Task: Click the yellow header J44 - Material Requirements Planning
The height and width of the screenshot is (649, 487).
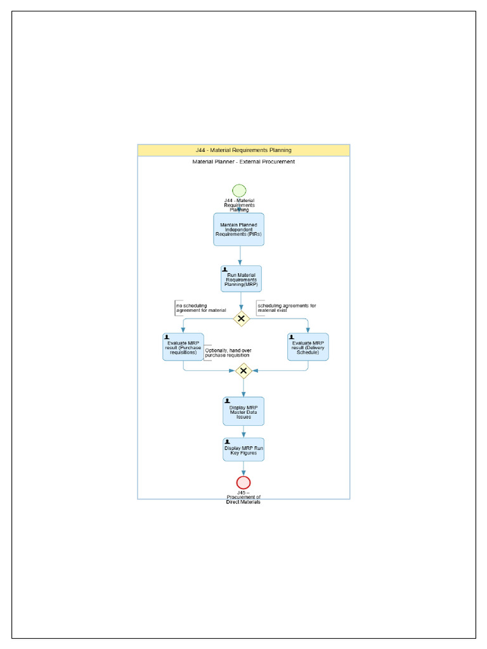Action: tap(243, 150)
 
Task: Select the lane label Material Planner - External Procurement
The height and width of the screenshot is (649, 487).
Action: tap(243, 162)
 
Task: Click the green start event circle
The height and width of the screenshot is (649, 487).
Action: tap(239, 191)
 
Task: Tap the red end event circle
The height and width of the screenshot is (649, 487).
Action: tap(243, 482)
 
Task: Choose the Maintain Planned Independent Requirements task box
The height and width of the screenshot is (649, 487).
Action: tap(238, 229)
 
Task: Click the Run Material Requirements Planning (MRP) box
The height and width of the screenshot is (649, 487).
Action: tap(241, 279)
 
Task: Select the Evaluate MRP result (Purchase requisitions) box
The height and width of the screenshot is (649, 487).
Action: tap(183, 347)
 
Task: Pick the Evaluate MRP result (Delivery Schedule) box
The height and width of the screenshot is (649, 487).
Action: tap(308, 347)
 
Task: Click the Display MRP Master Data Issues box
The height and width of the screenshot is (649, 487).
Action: tap(243, 411)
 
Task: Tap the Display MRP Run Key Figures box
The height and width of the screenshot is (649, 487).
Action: tap(243, 449)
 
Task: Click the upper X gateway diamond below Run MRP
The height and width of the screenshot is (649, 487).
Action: tap(241, 319)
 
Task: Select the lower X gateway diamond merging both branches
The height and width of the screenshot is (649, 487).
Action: tap(243, 371)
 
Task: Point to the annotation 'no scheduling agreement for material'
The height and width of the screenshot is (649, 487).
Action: tap(200, 308)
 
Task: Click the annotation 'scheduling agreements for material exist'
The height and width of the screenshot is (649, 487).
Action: tap(286, 308)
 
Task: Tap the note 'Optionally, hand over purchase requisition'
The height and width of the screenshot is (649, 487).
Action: tap(226, 352)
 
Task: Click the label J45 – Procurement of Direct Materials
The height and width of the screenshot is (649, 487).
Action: tap(243, 498)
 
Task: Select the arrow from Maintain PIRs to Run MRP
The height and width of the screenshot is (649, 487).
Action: tap(240, 255)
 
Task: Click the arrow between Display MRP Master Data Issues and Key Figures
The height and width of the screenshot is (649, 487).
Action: tap(243, 432)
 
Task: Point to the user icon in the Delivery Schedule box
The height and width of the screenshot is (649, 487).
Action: tap(292, 337)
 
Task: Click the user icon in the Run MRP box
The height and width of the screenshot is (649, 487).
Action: tap(225, 269)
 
